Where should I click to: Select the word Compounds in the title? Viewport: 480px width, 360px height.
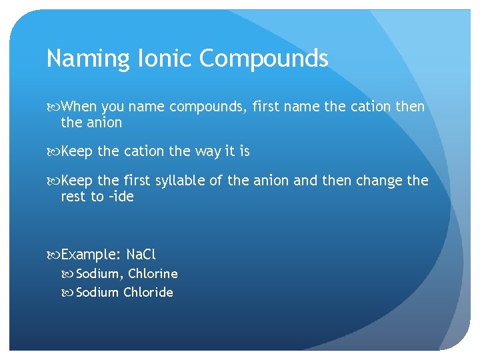pos(264,59)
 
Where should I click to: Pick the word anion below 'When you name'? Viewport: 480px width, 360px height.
pos(103,123)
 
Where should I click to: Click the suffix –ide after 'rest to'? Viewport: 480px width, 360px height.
pos(121,197)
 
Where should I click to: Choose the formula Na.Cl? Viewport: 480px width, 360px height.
pos(141,255)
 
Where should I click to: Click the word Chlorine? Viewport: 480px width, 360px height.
pos(153,273)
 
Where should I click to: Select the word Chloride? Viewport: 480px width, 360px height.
pos(148,292)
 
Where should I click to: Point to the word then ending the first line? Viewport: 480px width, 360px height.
pos(409,107)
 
